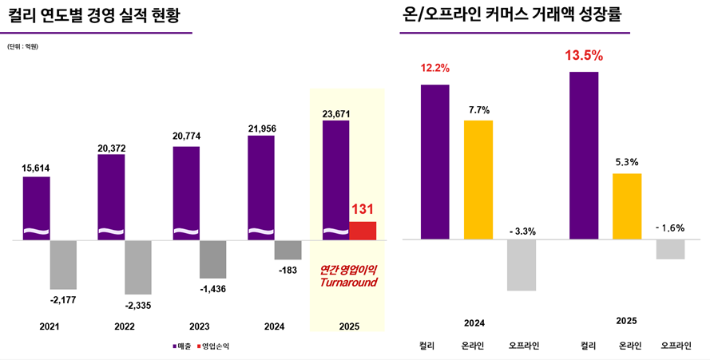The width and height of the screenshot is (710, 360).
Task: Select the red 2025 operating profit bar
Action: [x=363, y=231]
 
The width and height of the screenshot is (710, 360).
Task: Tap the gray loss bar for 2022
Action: [x=137, y=267]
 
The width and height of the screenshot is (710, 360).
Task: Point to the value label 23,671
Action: [x=335, y=114]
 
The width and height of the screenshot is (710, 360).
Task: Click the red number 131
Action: [x=363, y=210]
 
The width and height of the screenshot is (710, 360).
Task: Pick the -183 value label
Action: [x=288, y=270]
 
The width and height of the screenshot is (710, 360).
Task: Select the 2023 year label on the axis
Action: [x=199, y=326]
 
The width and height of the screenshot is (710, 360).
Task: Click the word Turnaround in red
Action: [x=348, y=283]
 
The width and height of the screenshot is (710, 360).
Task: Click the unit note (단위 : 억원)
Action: [x=22, y=47]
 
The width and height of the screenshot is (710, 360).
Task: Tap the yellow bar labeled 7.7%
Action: [x=478, y=180]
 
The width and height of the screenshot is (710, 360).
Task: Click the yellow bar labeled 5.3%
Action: [x=627, y=206]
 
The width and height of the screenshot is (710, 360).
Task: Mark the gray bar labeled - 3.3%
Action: [x=522, y=264]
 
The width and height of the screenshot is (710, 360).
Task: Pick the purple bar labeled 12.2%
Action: [x=434, y=161]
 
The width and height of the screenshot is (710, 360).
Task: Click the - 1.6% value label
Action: [x=669, y=227]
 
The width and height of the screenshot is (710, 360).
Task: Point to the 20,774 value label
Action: [x=187, y=136]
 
